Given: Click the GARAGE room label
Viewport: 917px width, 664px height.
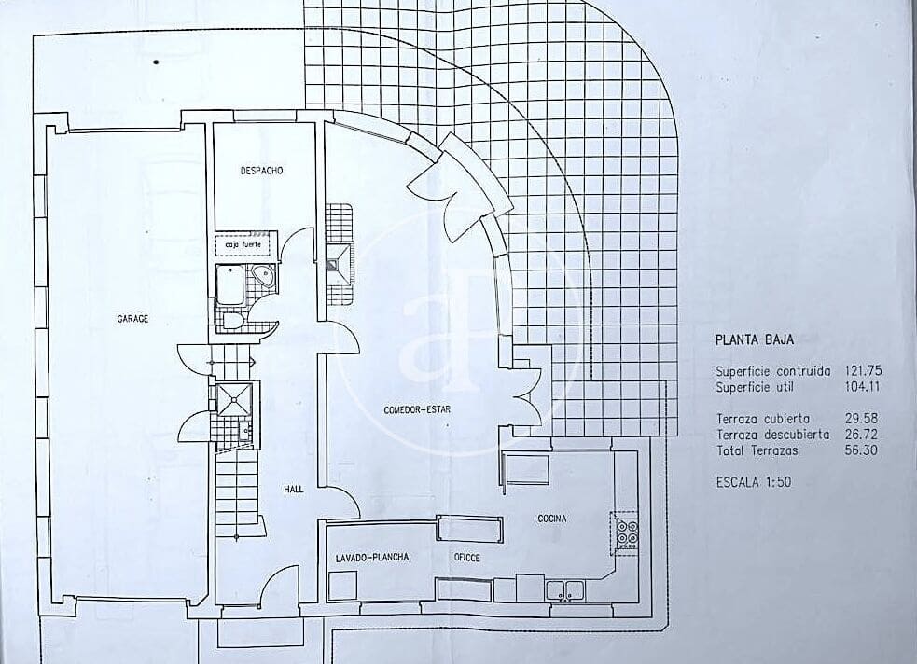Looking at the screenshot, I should (x=132, y=319).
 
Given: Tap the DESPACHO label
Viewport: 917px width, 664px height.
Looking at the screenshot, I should (x=261, y=171).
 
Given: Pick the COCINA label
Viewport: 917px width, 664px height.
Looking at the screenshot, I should (x=552, y=519).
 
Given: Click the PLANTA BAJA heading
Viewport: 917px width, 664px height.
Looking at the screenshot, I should (x=755, y=341).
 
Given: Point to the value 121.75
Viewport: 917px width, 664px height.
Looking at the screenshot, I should (x=863, y=370).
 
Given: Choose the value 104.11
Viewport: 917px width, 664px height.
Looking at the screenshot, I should (x=863, y=386).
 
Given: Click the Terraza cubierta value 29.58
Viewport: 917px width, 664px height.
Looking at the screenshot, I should (x=863, y=419).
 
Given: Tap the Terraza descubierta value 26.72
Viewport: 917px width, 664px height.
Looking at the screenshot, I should (x=863, y=435).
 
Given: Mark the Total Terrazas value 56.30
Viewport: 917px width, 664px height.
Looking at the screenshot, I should (x=863, y=450).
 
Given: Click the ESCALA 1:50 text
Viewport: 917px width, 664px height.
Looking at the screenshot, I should (x=753, y=483).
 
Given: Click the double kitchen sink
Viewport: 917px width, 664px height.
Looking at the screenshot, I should (x=565, y=589).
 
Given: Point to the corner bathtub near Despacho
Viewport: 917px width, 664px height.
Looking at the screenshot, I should (x=264, y=276).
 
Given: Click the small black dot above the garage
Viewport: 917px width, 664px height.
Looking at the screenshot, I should (x=156, y=62).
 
